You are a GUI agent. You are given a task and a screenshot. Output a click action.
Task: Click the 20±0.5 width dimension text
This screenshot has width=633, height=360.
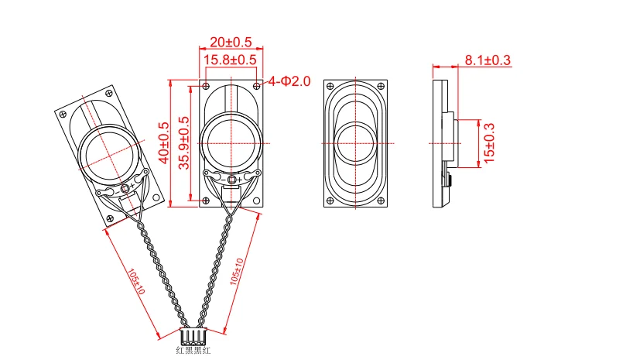click(230, 42)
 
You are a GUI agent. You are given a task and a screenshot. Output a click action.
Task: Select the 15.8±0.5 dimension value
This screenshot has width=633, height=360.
click(230, 60)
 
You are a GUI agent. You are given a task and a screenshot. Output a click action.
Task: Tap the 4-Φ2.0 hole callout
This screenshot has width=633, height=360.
click(289, 81)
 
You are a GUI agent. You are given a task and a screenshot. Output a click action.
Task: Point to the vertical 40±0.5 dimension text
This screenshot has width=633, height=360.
click(163, 141)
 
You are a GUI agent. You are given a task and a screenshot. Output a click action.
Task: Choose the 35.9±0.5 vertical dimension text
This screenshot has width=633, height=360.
click(183, 142)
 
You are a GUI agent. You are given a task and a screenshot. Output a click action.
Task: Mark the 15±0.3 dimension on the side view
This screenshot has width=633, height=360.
click(488, 142)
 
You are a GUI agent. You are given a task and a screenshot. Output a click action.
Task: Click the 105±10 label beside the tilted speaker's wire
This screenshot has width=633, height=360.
click(135, 282)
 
